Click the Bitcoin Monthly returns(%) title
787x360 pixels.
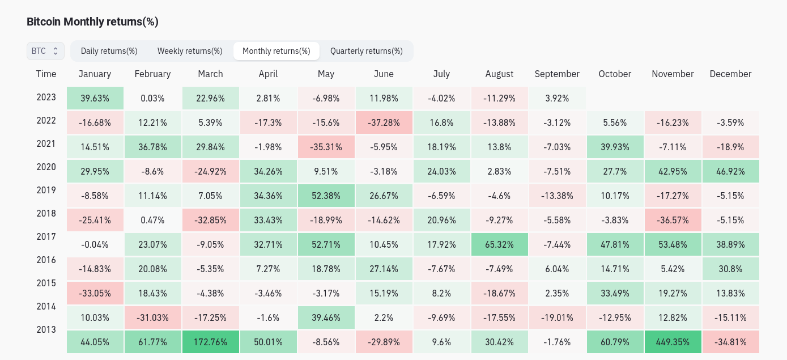tap(92, 22)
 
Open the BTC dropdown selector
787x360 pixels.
tap(45, 51)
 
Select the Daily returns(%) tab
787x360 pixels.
tap(109, 51)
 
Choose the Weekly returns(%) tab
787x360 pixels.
tap(190, 51)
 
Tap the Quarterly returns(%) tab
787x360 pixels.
tap(366, 51)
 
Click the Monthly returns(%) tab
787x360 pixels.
tap(276, 51)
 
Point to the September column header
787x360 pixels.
tap(557, 74)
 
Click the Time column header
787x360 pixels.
tap(46, 74)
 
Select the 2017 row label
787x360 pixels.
tap(46, 236)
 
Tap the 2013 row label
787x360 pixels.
tap(46, 329)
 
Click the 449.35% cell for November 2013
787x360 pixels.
tap(673, 342)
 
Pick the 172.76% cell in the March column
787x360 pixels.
tap(210, 342)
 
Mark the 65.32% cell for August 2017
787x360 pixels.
tap(499, 245)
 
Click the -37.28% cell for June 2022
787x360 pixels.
tap(384, 123)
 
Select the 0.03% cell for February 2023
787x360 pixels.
tap(152, 99)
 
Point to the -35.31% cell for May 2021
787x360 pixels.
tap(326, 147)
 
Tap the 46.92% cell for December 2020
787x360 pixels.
tap(730, 172)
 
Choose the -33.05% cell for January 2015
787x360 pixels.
tap(95, 294)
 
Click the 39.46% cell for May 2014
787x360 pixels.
tap(326, 318)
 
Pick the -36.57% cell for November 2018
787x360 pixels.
tap(673, 221)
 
